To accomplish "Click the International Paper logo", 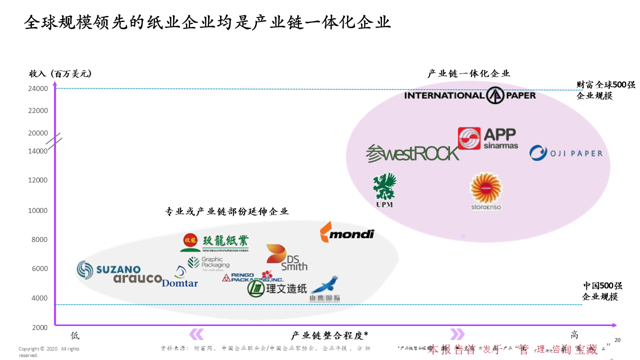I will click(x=469, y=95).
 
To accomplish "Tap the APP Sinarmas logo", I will click(x=488, y=138).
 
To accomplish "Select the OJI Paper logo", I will click(x=566, y=153).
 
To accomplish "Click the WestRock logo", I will click(x=412, y=153).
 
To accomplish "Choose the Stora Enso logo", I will click(x=485, y=191).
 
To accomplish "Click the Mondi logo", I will click(x=346, y=232).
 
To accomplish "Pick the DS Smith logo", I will click(x=286, y=257).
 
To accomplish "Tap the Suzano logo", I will click(x=108, y=269).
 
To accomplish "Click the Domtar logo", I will click(x=180, y=278).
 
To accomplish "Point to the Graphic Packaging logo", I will click(x=208, y=262).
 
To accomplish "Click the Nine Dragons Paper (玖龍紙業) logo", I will click(x=214, y=242).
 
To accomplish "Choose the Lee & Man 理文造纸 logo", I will click(x=277, y=288).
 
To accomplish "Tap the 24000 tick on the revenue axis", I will click(x=38, y=89).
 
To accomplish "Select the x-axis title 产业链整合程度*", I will click(x=329, y=335).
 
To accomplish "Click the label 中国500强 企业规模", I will click(x=602, y=291).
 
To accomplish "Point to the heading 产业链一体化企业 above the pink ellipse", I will click(x=468, y=73).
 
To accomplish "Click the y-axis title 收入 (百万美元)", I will click(x=60, y=73).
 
